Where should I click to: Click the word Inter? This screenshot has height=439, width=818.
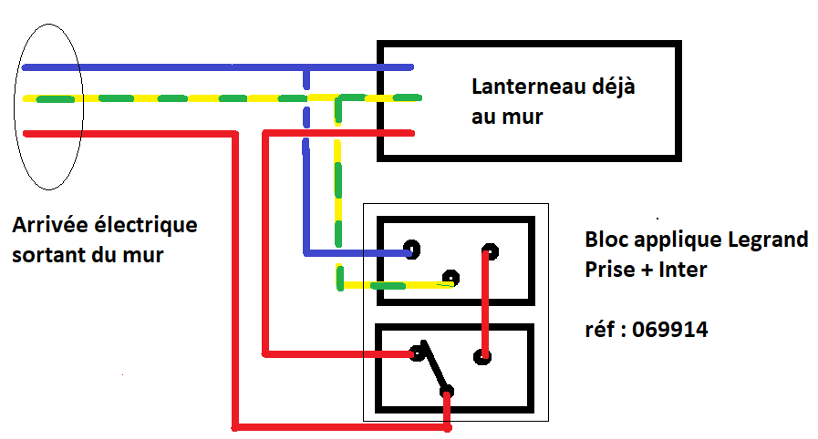coord(682,271)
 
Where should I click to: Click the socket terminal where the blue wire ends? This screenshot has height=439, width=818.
coord(411,248)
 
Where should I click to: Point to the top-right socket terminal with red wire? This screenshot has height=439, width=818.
coord(491,250)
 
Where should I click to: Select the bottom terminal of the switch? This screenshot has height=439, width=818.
coord(447,393)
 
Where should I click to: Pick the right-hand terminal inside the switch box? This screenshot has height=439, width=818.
coord(484,356)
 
